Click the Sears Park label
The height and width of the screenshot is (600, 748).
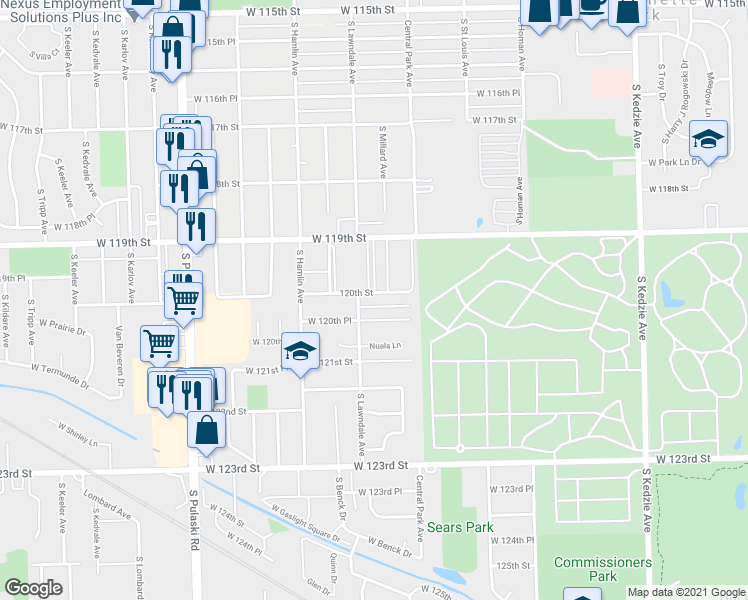(455, 526)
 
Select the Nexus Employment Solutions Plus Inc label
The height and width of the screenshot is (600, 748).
(63, 12)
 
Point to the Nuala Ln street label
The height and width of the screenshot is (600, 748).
(385, 346)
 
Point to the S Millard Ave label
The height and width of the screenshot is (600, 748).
(382, 152)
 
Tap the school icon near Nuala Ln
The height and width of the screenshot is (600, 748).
(299, 350)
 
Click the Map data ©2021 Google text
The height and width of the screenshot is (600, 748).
(686, 592)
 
